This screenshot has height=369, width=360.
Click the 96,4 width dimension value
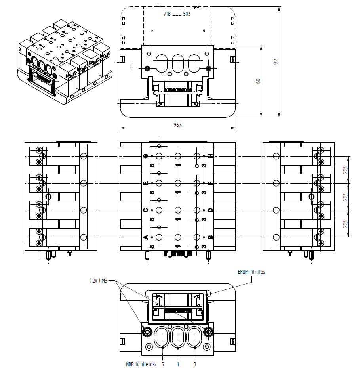pos(178,125)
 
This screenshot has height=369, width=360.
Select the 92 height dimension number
pos(276,62)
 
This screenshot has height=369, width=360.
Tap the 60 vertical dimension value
pos(258,81)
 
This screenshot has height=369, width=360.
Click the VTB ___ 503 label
pos(177,14)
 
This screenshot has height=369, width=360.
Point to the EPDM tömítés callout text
pos(251,272)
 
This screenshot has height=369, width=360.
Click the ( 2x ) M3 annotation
pos(99,281)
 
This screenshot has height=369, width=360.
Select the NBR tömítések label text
pos(141,364)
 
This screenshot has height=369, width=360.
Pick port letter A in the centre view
pos(145,237)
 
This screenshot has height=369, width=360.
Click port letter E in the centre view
pos(145,183)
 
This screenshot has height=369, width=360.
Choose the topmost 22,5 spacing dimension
pos(345,170)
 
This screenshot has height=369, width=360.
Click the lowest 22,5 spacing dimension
pos(345,224)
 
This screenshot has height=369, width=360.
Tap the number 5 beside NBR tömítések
pos(163,364)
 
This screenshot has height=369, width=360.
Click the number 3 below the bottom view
pos(195,364)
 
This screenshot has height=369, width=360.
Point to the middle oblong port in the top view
pos(178,63)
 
